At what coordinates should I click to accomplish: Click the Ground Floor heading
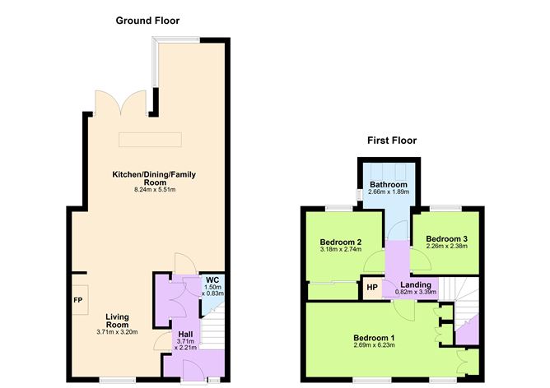147,20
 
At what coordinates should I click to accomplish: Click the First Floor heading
392,141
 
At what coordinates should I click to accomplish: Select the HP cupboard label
371,289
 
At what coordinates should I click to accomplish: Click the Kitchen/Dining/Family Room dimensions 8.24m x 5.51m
155,190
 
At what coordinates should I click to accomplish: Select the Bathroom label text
389,184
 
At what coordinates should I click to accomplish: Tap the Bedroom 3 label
446,239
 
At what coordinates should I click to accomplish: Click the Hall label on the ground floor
186,335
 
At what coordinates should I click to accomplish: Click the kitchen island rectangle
150,140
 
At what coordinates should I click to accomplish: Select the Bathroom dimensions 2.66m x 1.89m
389,192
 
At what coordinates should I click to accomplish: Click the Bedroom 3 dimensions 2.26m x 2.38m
446,247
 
